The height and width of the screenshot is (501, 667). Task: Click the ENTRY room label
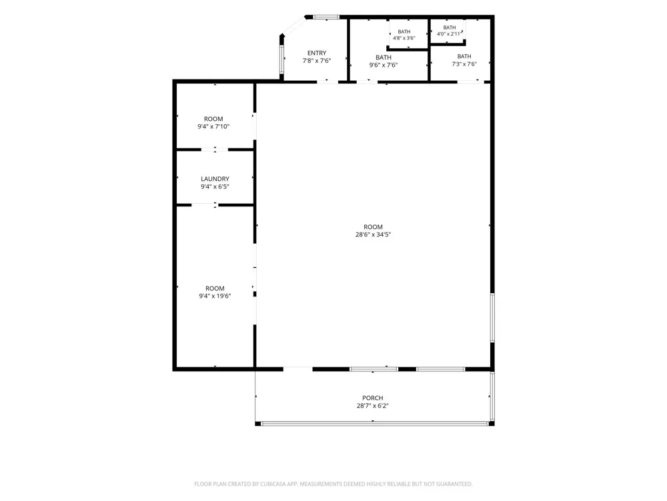pos(317,53)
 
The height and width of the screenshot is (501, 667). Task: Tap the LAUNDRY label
pos(215,179)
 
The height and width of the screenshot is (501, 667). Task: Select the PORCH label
pos(373,398)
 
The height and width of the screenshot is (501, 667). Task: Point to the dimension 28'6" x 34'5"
pos(373,234)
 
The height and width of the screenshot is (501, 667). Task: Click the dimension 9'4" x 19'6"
pos(215,296)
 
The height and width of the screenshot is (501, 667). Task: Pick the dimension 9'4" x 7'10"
pos(213,126)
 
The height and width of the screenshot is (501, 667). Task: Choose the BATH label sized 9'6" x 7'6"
pos(384,57)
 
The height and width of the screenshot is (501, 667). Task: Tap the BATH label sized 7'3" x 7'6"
pos(464,56)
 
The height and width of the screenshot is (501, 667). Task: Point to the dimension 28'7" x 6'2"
pos(373,405)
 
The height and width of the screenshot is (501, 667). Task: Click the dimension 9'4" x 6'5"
pos(215,186)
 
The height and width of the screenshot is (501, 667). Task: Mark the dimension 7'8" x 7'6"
pos(317,61)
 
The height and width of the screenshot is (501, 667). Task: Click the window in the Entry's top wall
pos(326,17)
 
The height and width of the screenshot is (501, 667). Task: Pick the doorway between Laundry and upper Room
pos(215,150)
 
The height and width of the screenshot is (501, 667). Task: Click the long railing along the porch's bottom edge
pos(374,424)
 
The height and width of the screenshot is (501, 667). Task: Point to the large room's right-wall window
pos(492,317)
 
